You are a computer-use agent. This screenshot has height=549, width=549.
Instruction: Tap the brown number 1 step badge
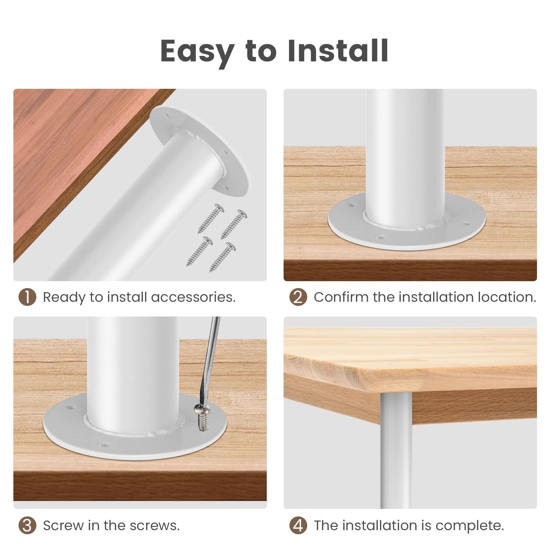click(27, 297)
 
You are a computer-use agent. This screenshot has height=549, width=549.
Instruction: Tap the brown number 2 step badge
click(298, 297)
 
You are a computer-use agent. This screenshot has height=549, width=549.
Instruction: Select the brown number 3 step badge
click(27, 525)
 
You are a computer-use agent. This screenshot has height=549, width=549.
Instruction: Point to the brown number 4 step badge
click(298, 525)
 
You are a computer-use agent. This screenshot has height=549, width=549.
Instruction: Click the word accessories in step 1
click(193, 297)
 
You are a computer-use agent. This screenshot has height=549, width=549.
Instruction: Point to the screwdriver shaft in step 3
click(209, 360)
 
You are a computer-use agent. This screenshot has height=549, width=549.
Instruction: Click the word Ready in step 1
click(64, 297)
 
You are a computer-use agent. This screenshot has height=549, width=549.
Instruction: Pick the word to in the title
click(261, 51)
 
